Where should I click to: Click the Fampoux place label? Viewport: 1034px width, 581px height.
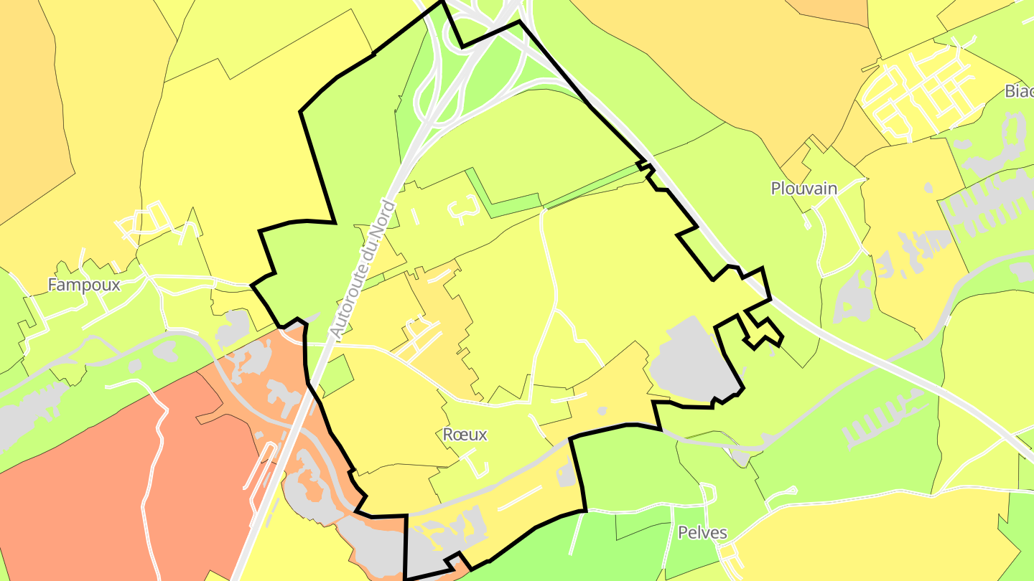click(83, 285)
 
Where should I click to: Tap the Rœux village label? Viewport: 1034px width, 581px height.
click(465, 435)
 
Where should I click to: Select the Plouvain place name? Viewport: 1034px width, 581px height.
click(804, 189)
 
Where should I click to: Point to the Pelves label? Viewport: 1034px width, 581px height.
click(702, 533)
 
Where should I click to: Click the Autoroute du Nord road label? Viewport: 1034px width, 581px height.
click(363, 270)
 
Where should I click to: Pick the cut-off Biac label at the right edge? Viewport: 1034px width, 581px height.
click(1019, 91)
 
